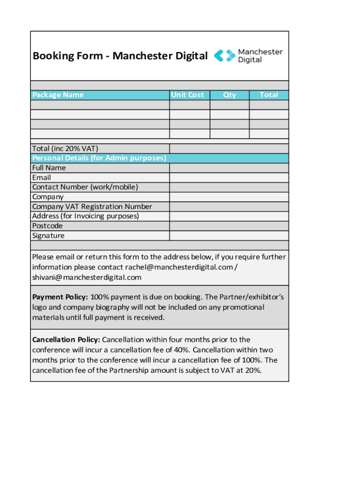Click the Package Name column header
coord(58,95)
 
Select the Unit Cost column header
coord(187,95)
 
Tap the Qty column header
coord(230,95)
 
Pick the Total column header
coord(269,95)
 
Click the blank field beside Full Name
coord(229,168)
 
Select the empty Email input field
coord(229,178)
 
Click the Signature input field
coord(229,236)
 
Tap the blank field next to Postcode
coord(229,226)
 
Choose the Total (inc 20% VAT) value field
coord(229,149)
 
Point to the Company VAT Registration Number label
coord(92,207)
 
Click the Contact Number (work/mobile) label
coord(85,187)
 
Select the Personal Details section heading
coord(99,158)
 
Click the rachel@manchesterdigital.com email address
coord(179,267)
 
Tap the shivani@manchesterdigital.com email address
coord(86,277)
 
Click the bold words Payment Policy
coord(60,298)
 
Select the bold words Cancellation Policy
coord(66,340)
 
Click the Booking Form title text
coord(120,56)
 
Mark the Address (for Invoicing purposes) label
coord(86,216)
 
